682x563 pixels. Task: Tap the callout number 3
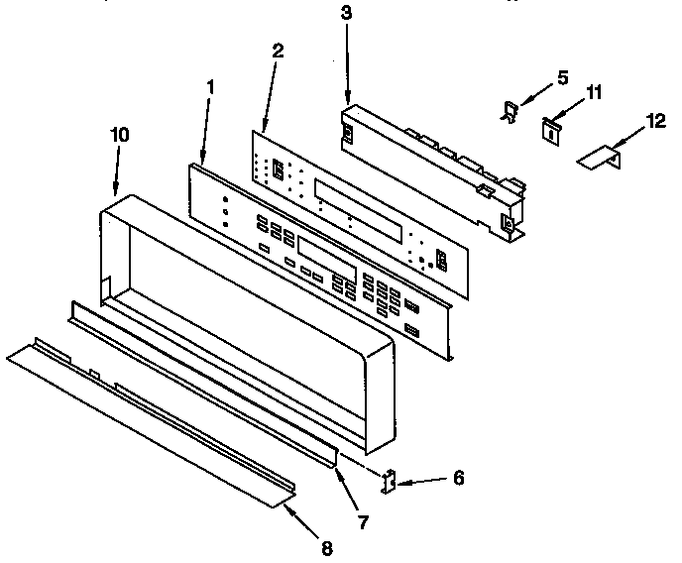345,13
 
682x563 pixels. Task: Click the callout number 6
457,477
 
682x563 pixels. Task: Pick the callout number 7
363,522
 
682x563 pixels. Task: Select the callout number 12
655,121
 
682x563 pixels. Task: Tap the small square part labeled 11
548,127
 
